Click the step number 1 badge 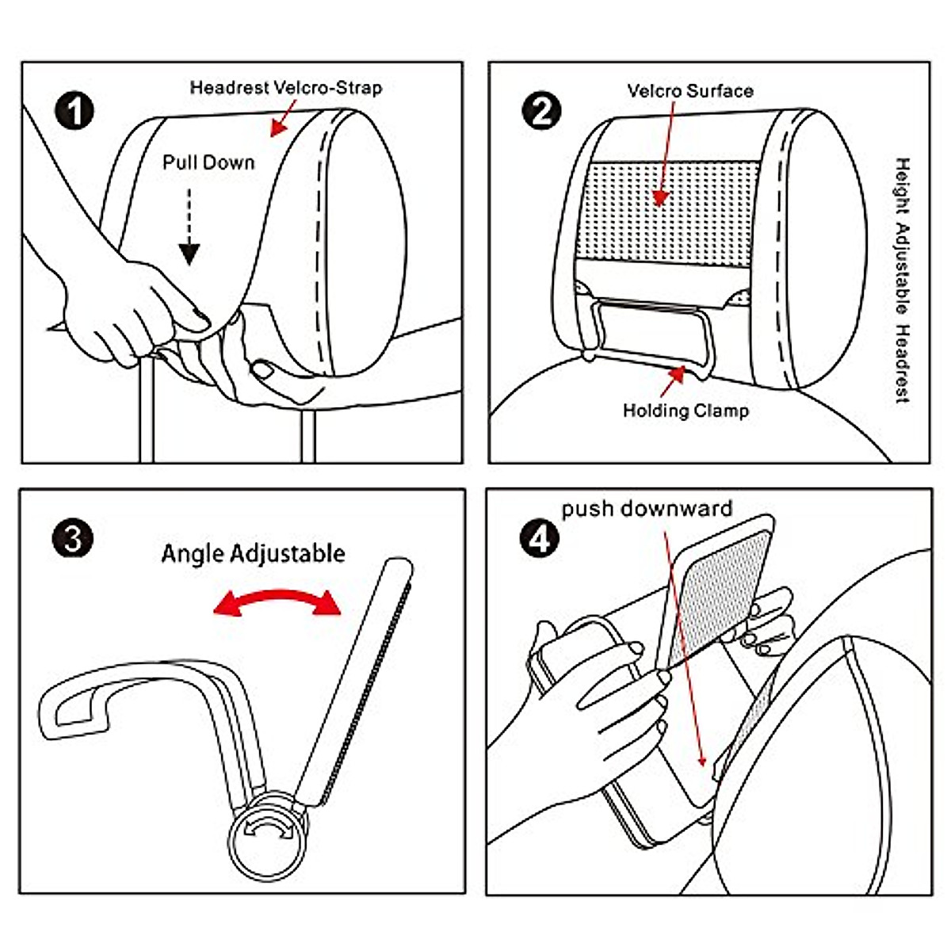[74, 112]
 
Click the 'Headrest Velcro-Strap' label [286, 88]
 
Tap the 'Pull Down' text [208, 162]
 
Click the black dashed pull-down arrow [189, 226]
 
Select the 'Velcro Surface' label [690, 91]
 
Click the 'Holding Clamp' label [686, 411]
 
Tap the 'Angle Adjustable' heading [253, 554]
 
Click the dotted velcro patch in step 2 [667, 213]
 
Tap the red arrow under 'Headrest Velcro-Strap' [283, 118]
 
